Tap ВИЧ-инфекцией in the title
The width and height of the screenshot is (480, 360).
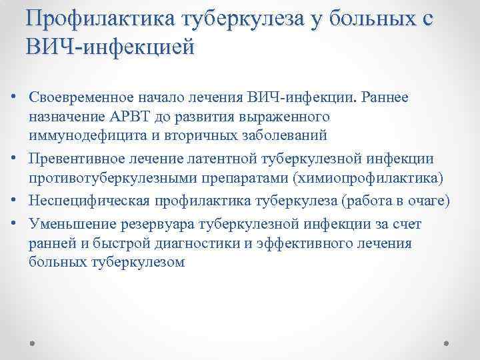110,47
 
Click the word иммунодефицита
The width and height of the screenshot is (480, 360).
81,135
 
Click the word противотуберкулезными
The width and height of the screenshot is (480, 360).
107,178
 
